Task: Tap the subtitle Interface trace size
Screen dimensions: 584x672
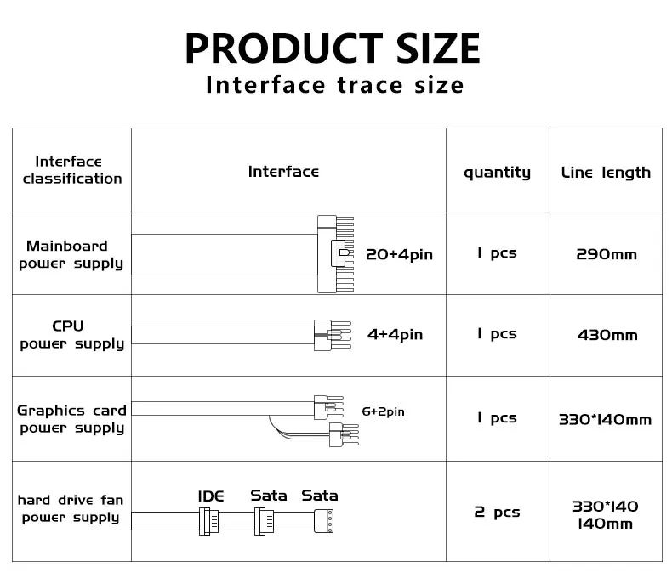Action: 335,85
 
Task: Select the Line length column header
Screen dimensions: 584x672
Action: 606,173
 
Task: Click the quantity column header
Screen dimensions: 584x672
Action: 497,173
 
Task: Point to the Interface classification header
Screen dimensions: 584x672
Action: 72,170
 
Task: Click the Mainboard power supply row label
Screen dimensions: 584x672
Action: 71,254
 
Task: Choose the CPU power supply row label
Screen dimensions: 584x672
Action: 71,335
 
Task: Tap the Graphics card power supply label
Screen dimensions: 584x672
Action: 71,418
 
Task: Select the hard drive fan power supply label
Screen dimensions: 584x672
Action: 71,508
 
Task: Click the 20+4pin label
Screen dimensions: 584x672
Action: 399,254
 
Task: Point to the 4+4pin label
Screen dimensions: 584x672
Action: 395,335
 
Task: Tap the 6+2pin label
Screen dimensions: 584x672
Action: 383,411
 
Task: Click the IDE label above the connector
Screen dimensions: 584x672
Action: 211,496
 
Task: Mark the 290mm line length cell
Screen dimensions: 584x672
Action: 606,254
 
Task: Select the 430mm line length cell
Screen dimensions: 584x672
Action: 607,335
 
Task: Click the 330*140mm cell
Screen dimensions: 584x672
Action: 605,419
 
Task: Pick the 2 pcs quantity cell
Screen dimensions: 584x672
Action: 497,512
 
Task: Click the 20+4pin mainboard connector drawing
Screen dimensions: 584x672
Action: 333,253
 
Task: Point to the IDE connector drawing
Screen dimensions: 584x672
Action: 208,520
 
